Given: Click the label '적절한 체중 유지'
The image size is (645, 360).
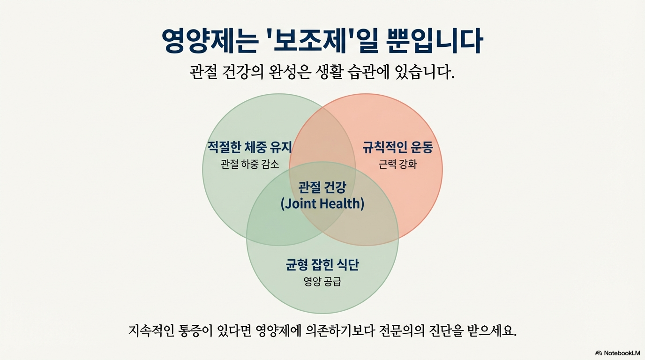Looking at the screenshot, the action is (250, 148).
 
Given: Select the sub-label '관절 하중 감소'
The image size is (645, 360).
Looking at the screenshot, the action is (250, 164).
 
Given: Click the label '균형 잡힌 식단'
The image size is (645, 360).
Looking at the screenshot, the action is (322, 265).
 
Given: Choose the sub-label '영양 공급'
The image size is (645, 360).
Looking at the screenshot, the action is (322, 282).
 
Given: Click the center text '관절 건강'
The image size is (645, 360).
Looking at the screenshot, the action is (322, 187).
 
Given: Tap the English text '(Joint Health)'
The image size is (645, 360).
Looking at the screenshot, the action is (322, 204).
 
